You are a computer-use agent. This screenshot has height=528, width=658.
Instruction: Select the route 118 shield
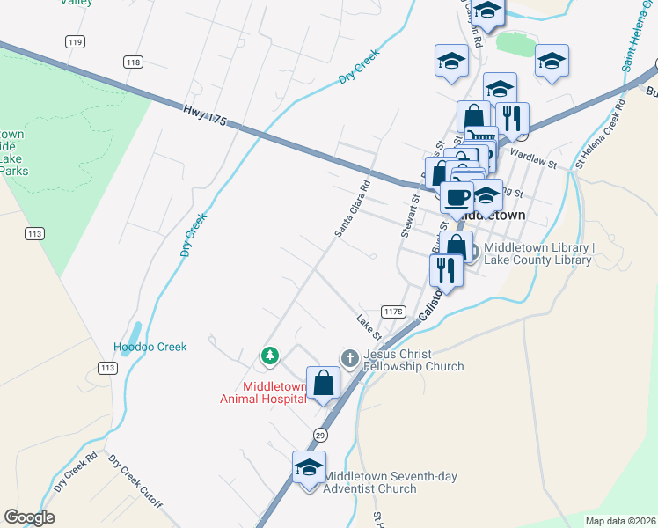tap(133, 62)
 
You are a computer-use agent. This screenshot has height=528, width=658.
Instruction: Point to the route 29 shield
tap(320, 435)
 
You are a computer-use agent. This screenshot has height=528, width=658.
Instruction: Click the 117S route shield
tap(393, 312)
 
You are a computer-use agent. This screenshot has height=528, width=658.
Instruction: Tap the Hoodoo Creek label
tap(150, 347)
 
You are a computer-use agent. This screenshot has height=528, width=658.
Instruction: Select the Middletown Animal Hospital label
tap(263, 392)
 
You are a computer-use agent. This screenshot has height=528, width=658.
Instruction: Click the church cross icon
tap(349, 357)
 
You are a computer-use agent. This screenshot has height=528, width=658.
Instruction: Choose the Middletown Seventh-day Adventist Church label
tap(391, 482)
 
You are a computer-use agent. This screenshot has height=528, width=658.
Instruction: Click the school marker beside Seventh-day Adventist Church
tap(309, 467)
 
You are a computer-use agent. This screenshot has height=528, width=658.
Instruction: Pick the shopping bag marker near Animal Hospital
tap(324, 383)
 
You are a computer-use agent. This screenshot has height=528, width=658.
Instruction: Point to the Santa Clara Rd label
tap(353, 209)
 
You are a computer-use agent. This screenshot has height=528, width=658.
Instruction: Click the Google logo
tap(29, 517)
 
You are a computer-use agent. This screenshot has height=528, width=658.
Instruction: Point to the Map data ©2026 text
tap(619, 521)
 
